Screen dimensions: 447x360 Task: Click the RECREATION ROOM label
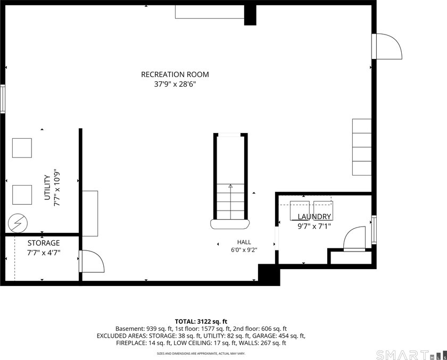175,74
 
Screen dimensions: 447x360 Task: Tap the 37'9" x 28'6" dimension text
175,85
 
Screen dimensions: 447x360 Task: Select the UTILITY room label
47,188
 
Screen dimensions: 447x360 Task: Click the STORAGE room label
44,243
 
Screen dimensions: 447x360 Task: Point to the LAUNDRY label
314,217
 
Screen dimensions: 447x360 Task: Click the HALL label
244,242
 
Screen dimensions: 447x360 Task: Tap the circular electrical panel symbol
18,223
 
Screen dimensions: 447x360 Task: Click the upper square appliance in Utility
22,148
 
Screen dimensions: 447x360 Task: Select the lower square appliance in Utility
22,195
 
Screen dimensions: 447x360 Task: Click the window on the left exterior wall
3,98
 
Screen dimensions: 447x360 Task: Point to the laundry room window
374,230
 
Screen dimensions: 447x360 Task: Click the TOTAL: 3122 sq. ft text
201,322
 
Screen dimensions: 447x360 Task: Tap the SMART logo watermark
402,355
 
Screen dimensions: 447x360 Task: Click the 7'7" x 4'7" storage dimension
44,253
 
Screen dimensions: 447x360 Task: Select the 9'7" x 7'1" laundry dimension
314,227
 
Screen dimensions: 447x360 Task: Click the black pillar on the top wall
250,15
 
